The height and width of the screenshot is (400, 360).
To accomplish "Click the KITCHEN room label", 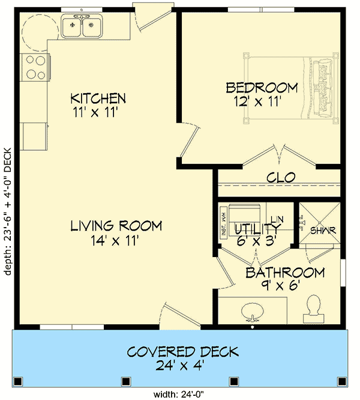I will pyautogui.click(x=98, y=98).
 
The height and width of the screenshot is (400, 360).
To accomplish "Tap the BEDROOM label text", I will pyautogui.click(x=262, y=88).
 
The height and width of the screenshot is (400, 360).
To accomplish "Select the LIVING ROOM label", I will pyautogui.click(x=116, y=226).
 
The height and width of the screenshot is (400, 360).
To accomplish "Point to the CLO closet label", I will pyautogui.click(x=280, y=178).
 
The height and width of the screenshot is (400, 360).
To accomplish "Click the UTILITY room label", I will pyautogui.click(x=257, y=229).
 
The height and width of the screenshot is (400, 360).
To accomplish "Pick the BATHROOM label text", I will pyautogui.click(x=285, y=273).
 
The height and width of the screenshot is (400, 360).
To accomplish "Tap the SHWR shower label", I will pyautogui.click(x=323, y=230).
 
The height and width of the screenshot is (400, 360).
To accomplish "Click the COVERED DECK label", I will pyautogui.click(x=182, y=351).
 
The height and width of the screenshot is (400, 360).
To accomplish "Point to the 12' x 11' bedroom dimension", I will pyautogui.click(x=259, y=102).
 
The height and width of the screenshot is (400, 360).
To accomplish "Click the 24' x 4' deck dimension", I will pyautogui.click(x=182, y=366).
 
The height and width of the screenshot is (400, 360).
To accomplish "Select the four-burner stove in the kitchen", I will pyautogui.click(x=35, y=66).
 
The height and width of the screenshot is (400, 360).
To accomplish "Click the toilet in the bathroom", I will pyautogui.click(x=313, y=308).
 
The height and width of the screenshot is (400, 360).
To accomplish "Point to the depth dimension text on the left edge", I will pyautogui.click(x=8, y=211).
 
